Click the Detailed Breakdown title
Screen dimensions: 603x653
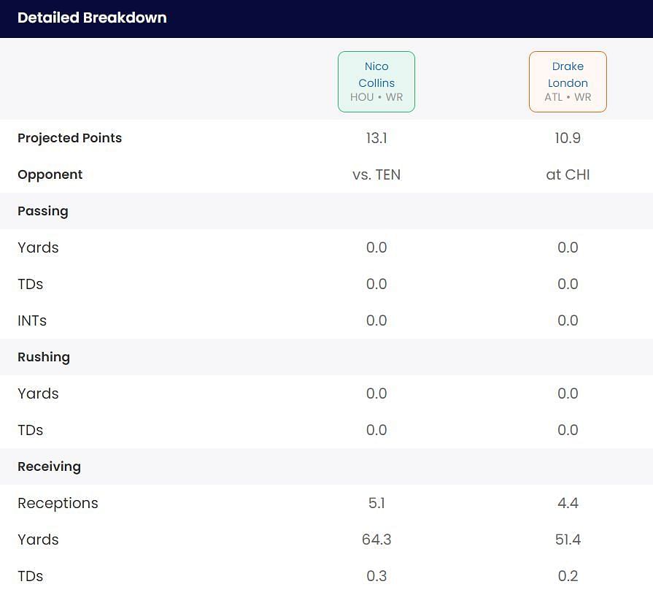coord(92,18)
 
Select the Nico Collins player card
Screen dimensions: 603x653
coord(376,82)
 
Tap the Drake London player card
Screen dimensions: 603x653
coord(568,82)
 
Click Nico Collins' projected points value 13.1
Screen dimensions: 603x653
coord(376,138)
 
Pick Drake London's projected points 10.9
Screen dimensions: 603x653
coord(568,138)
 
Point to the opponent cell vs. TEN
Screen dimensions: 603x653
coord(376,174)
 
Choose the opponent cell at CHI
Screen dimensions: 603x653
coord(568,174)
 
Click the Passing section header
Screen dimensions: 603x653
coord(43,211)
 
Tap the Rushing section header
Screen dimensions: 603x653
coord(44,357)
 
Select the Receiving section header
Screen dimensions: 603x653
coord(49,466)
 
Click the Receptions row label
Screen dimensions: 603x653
coord(58,503)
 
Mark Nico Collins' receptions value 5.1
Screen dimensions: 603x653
coord(376,503)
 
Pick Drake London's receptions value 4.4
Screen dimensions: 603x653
coord(568,503)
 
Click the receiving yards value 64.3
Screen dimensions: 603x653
coord(376,539)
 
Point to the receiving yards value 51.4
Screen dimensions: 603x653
coord(568,539)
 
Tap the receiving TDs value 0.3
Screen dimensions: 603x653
coord(376,576)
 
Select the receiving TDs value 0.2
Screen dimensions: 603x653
coord(568,576)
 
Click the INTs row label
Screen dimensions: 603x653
coord(32,320)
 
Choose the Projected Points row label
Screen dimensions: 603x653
coord(70,138)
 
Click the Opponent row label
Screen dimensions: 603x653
coord(50,174)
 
